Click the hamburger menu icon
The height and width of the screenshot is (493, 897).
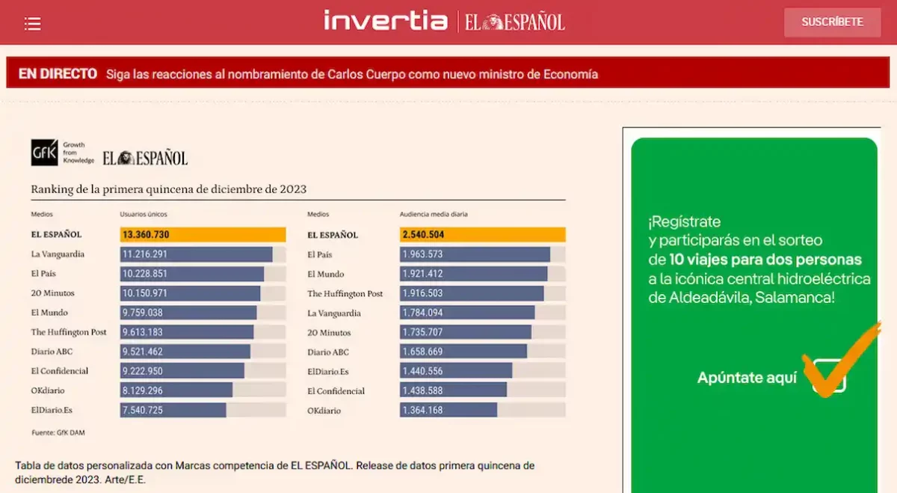click(x=32, y=24)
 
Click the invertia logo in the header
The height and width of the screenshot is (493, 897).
click(x=385, y=21)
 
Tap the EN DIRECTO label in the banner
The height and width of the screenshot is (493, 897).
click(x=58, y=74)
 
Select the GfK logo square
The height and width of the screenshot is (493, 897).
click(x=44, y=153)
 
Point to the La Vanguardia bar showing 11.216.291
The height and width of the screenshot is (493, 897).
click(x=196, y=254)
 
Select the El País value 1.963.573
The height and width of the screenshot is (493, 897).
click(x=423, y=254)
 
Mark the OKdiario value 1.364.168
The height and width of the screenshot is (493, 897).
click(x=423, y=410)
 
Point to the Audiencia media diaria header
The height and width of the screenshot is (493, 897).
click(x=434, y=215)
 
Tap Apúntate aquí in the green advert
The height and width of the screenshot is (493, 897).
click(x=747, y=378)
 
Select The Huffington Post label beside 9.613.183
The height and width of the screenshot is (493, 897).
click(x=69, y=332)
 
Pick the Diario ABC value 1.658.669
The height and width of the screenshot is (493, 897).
click(x=423, y=352)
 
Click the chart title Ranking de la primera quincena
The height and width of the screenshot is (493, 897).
click(x=168, y=189)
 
